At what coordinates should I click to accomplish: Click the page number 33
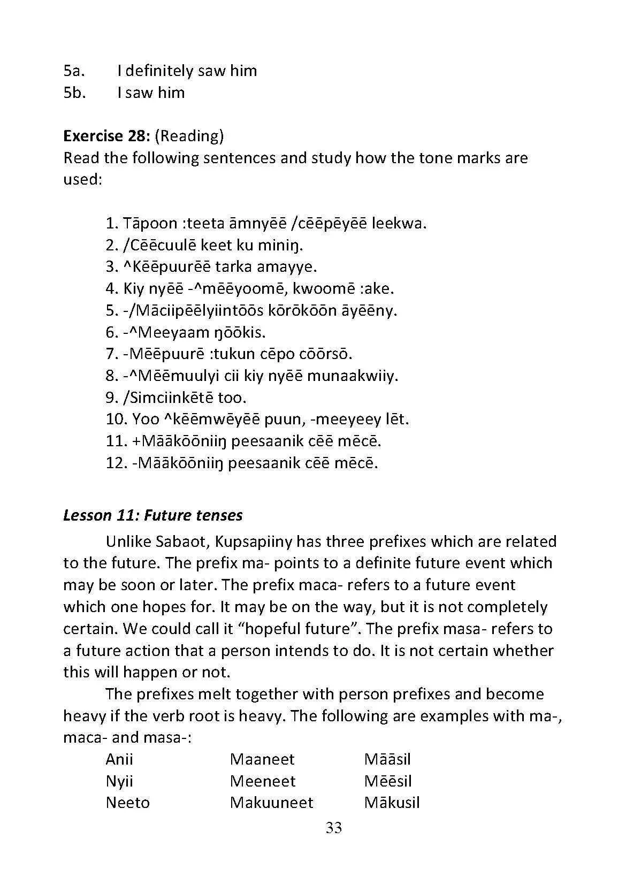[333, 828]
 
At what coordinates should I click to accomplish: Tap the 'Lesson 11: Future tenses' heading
[152, 515]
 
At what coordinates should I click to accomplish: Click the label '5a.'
[74, 71]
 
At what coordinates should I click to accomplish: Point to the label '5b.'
[75, 93]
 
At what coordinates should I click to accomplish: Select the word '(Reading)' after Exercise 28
[189, 136]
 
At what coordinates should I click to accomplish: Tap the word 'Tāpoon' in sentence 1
[150, 223]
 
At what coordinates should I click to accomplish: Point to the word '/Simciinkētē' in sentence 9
[168, 398]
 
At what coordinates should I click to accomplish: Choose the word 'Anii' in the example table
[119, 759]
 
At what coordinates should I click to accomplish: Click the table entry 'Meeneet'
[262, 781]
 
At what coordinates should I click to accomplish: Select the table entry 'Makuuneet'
[271, 803]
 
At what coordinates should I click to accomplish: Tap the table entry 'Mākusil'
[392, 803]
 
